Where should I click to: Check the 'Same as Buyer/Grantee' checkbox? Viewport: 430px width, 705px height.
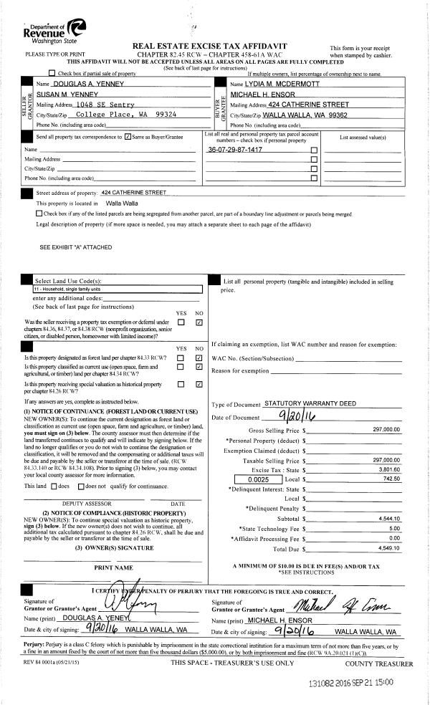(x=128, y=136)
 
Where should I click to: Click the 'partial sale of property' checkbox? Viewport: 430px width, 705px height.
(x=52, y=74)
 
